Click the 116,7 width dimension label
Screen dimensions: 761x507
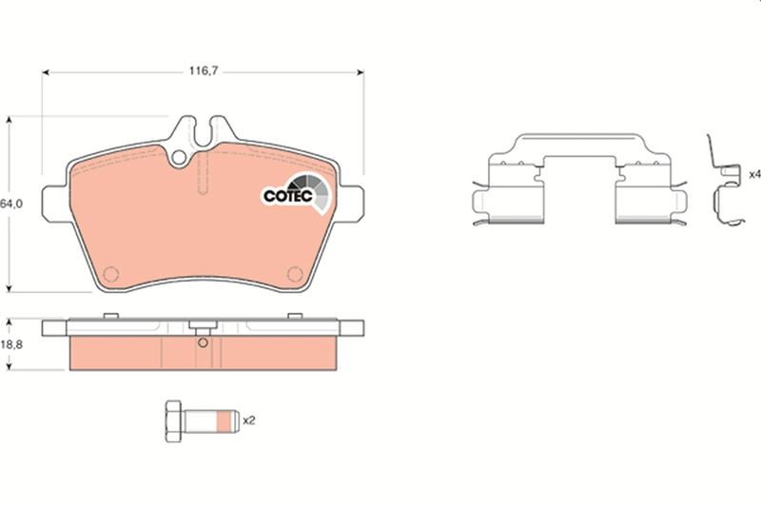click(x=204, y=71)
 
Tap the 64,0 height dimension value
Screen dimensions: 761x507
click(x=11, y=205)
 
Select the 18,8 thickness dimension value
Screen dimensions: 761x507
click(x=11, y=345)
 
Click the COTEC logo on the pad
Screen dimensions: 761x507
click(x=297, y=194)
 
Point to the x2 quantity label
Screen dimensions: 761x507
click(x=248, y=420)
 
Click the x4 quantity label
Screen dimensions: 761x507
click(x=754, y=174)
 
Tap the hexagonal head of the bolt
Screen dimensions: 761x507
click(x=173, y=421)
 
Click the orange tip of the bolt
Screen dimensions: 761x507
click(x=227, y=421)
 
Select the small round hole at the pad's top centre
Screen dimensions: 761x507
click(x=179, y=157)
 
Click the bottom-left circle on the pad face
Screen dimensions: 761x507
click(x=111, y=275)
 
